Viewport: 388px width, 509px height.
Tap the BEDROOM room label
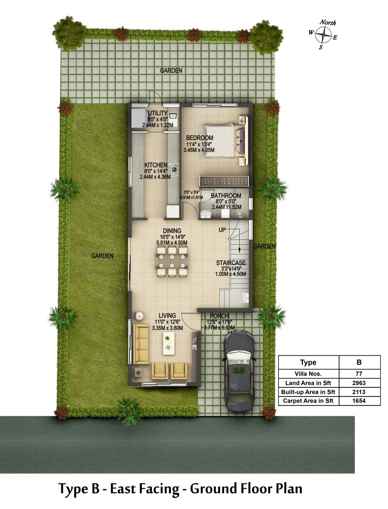tap(200, 138)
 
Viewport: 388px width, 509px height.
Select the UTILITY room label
tap(158, 113)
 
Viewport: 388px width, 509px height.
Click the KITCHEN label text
tap(156, 165)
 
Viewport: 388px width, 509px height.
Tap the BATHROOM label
tap(226, 196)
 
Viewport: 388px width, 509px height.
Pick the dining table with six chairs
tap(172, 261)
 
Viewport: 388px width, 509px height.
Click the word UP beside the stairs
tap(222, 230)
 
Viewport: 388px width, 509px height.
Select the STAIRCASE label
tap(231, 263)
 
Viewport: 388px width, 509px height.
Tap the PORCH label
tap(219, 316)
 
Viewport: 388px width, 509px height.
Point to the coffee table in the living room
tap(169, 344)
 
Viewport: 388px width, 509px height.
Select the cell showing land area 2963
tap(358, 383)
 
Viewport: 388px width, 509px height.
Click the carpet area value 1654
tap(358, 401)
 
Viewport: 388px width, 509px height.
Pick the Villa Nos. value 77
tap(358, 373)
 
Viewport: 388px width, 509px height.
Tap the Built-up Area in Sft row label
tap(308, 392)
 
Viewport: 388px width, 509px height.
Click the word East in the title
tap(122, 488)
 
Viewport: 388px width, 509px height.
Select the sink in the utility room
tap(173, 115)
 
